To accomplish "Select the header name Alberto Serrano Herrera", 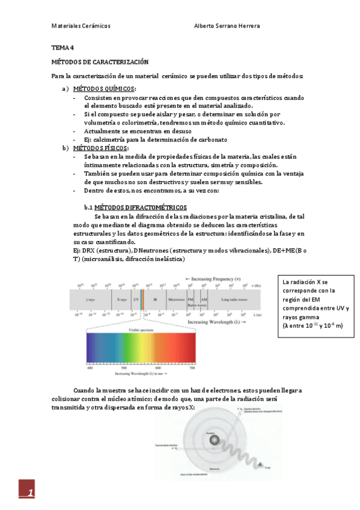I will tap(227, 26).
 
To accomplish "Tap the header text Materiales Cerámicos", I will tap(81, 26).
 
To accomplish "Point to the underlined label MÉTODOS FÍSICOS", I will tap(105, 148).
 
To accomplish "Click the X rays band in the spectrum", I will tap(121, 298).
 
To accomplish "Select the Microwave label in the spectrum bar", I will tap(175, 298).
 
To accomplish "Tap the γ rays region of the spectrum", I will tap(91, 298).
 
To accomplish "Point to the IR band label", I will tap(154, 298).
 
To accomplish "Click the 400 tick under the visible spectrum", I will tap(90, 368).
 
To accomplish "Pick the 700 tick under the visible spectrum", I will tap(192, 368).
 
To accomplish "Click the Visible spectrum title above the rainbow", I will tap(142, 330).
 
